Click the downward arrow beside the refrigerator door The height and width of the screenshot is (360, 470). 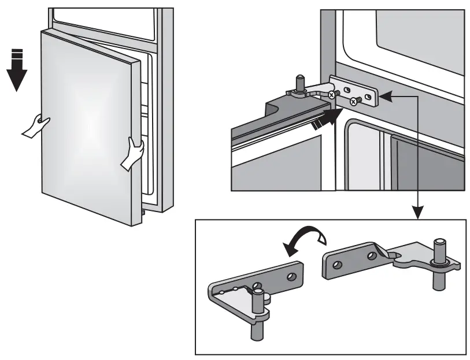pyautogui.click(x=17, y=72)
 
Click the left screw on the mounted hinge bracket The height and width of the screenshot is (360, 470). pyautogui.click(x=331, y=95)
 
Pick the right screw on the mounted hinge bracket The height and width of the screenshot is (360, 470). pyautogui.click(x=353, y=102)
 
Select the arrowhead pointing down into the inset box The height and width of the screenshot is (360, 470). pyautogui.click(x=417, y=214)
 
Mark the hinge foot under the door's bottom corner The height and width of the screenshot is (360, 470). pyautogui.click(x=142, y=214)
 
